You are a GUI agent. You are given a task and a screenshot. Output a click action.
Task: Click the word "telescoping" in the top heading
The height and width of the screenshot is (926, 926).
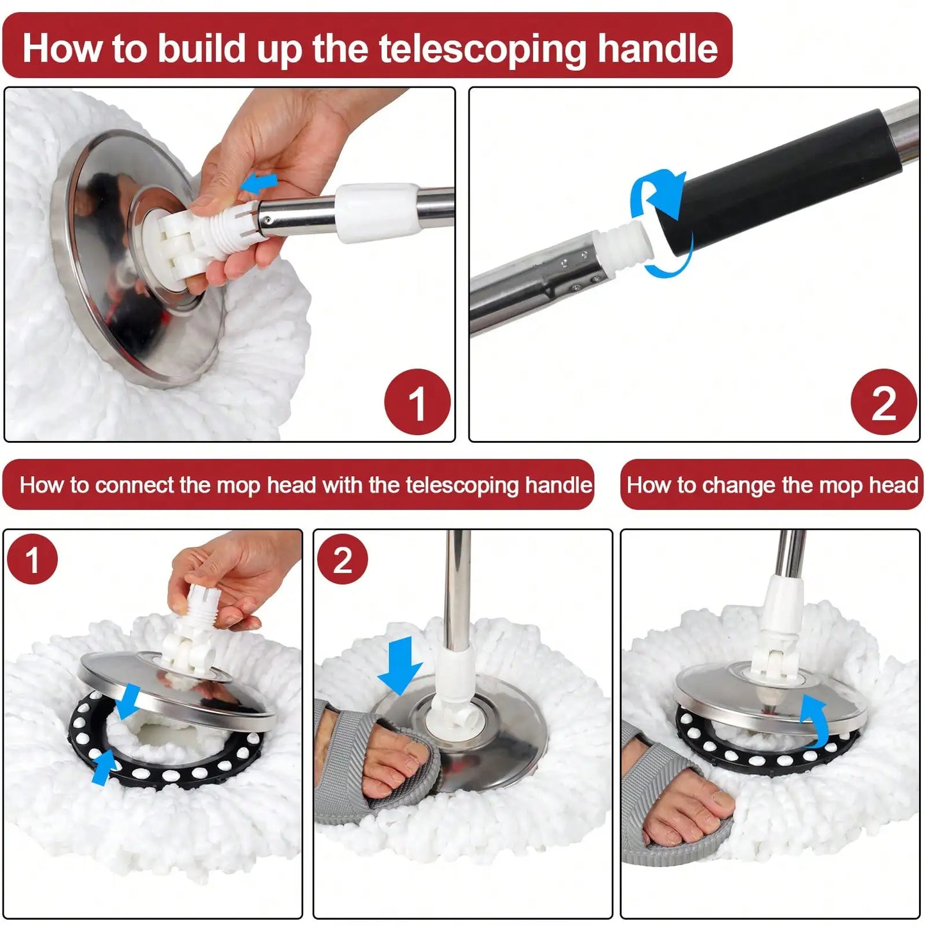pyautogui.click(x=482, y=49)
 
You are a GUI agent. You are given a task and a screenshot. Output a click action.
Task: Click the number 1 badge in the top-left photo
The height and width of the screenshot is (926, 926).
pyautogui.click(x=417, y=402)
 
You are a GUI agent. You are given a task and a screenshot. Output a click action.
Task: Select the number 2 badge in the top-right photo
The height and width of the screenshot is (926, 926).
pyautogui.click(x=883, y=402)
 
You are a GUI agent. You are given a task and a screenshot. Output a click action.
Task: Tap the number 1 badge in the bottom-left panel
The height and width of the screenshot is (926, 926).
pyautogui.click(x=32, y=559)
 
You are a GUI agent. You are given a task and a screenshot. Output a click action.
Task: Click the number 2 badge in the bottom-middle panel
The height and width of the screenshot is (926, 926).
pyautogui.click(x=342, y=559)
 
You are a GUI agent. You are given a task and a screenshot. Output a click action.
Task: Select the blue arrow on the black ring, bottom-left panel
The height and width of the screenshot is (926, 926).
pyautogui.click(x=103, y=768)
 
